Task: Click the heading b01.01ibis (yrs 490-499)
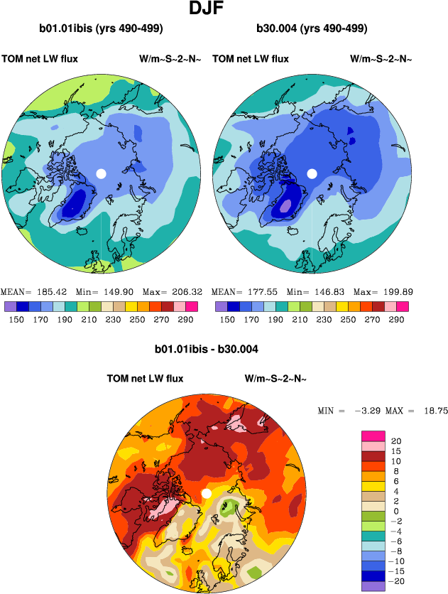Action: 102,29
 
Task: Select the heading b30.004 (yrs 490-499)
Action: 312,29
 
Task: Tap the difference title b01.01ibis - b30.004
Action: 206,349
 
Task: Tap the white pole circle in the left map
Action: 101,173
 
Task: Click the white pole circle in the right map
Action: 312,173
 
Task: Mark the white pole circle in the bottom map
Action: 207,493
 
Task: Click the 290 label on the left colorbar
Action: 182,319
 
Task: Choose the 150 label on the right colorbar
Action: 227,319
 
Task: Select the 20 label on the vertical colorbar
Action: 396,441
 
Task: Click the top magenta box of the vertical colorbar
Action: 373,436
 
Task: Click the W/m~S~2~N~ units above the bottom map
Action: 275,379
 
